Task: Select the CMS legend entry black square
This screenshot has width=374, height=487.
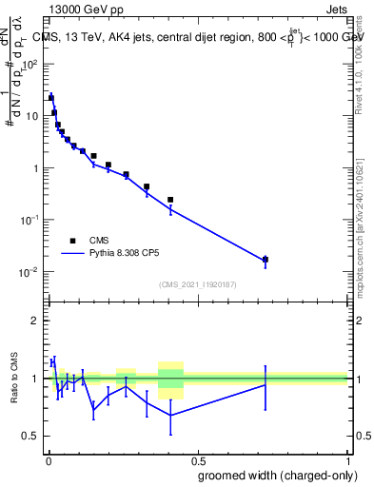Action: (x=71, y=241)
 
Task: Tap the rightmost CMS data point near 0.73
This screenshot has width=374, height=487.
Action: (x=266, y=259)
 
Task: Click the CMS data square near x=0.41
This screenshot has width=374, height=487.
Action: (x=170, y=200)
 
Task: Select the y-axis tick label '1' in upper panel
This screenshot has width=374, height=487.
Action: (x=34, y=168)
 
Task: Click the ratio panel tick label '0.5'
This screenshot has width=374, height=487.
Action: (x=30, y=436)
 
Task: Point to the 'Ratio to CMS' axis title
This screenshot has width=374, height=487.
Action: (x=13, y=379)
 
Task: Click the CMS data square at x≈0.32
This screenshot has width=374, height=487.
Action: (x=146, y=186)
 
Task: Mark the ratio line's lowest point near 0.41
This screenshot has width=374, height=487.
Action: (x=170, y=415)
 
